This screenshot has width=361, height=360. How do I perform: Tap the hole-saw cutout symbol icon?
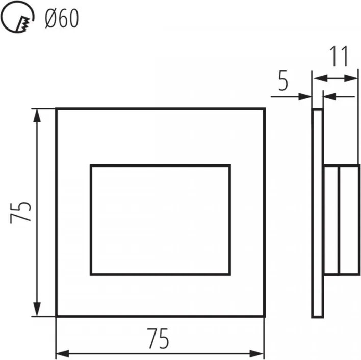click(x=17, y=17)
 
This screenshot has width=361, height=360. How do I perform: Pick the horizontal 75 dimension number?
click(x=158, y=339)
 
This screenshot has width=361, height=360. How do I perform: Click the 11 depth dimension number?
click(x=339, y=56)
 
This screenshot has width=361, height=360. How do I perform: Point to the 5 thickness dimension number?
click(x=283, y=81)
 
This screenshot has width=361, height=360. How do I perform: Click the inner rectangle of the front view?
click(x=161, y=165)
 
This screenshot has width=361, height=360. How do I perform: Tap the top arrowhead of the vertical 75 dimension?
click(x=37, y=115)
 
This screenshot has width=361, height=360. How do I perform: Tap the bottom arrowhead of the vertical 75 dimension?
click(x=37, y=310)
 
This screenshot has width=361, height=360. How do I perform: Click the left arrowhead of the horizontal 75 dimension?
click(x=63, y=353)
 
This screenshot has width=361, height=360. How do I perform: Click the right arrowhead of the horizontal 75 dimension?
click(x=257, y=353)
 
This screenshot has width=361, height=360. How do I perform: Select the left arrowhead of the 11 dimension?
click(x=320, y=78)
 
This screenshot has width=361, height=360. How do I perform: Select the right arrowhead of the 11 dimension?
click(x=351, y=78)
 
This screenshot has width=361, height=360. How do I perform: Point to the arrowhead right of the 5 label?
click(x=305, y=97)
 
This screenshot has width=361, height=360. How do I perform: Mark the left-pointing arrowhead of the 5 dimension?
click(x=330, y=97)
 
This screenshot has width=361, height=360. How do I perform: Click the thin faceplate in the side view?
click(x=318, y=213)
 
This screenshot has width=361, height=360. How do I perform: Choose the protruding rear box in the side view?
click(x=342, y=219)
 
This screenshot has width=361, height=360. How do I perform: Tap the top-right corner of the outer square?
click(x=265, y=108)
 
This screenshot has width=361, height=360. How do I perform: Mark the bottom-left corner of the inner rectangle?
click(x=91, y=274)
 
